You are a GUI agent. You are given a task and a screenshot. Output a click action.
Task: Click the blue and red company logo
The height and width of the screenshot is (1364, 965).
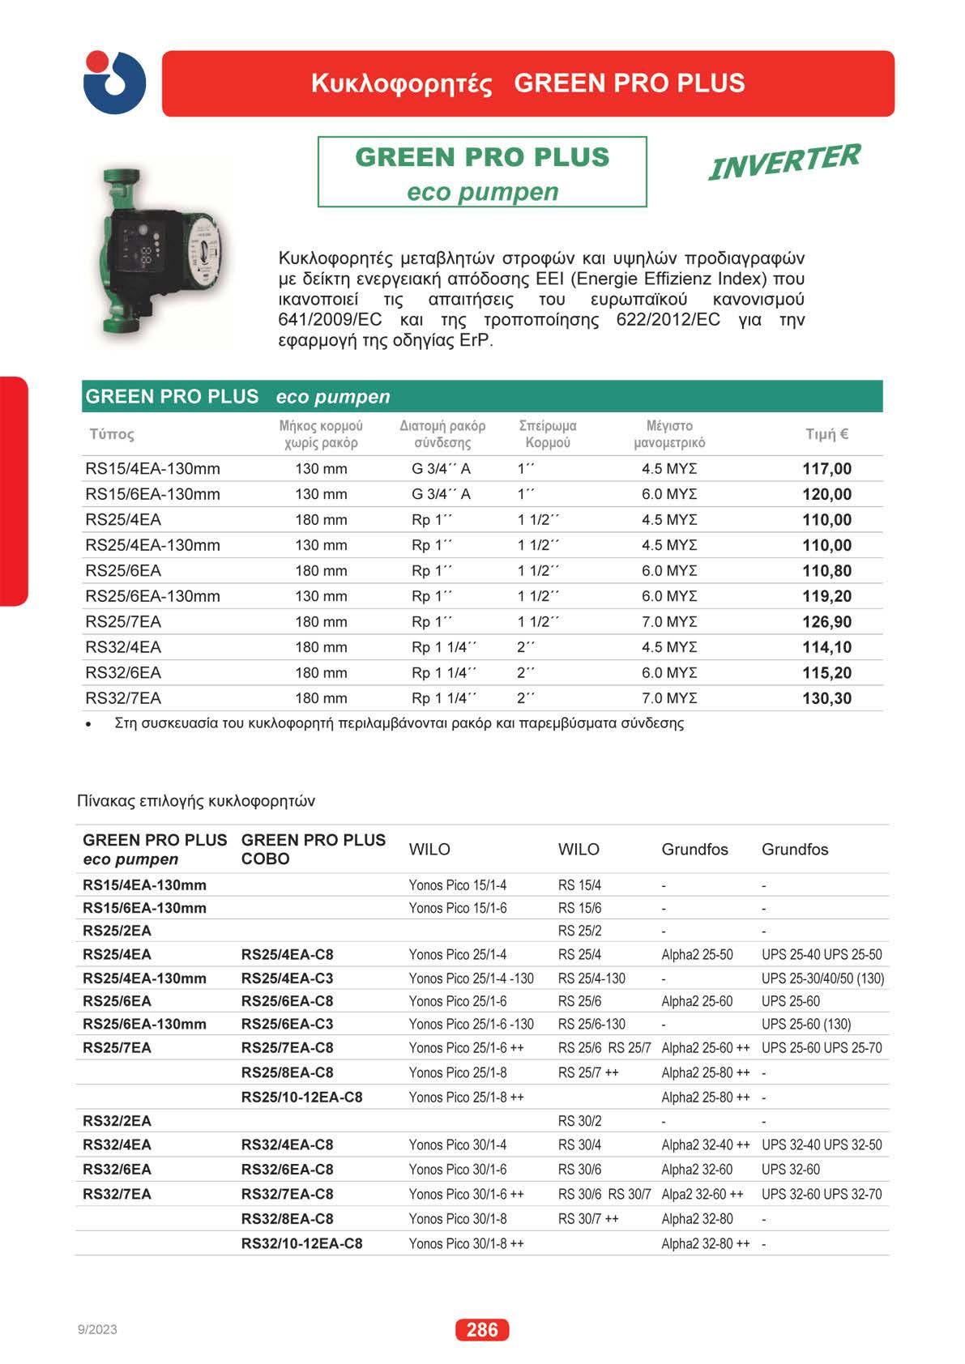[114, 83]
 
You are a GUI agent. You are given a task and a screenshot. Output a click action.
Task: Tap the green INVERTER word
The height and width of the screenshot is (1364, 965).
[784, 161]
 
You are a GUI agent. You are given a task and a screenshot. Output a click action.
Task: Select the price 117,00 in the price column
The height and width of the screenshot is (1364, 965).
[826, 469]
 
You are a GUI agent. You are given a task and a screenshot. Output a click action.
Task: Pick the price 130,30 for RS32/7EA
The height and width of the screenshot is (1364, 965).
[826, 698]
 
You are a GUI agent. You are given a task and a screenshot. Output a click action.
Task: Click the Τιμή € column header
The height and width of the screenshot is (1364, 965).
[826, 434]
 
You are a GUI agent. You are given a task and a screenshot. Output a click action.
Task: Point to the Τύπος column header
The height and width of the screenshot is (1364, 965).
[112, 434]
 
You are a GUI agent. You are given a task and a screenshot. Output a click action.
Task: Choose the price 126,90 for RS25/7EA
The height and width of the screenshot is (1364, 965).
[826, 622]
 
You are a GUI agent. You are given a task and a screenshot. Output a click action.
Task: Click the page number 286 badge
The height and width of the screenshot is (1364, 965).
[482, 1330]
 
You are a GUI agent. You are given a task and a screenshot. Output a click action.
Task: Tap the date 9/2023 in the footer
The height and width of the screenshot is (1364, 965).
[97, 1330]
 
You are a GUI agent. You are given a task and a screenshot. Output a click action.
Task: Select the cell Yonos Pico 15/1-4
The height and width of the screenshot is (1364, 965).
[458, 885]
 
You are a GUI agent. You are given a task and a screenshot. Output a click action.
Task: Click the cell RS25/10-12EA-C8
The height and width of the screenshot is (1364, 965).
[301, 1098]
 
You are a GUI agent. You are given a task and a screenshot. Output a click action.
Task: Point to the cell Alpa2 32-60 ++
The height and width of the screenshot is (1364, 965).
[702, 1195]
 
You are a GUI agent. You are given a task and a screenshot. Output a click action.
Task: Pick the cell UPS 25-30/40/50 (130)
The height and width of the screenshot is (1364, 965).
[822, 978]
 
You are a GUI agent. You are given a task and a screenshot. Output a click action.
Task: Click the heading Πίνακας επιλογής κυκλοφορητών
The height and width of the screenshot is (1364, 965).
[196, 801]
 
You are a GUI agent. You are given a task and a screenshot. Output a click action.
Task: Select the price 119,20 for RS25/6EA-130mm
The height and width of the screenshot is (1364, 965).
[826, 596]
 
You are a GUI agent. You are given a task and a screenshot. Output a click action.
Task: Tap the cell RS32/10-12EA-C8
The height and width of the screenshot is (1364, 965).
[301, 1244]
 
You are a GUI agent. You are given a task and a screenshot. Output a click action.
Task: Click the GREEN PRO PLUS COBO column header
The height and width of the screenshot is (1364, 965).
[314, 849]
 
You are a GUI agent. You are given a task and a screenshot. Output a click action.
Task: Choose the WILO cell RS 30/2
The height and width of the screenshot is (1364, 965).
[579, 1122]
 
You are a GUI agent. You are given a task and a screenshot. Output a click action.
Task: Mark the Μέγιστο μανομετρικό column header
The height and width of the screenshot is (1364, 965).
[669, 434]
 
